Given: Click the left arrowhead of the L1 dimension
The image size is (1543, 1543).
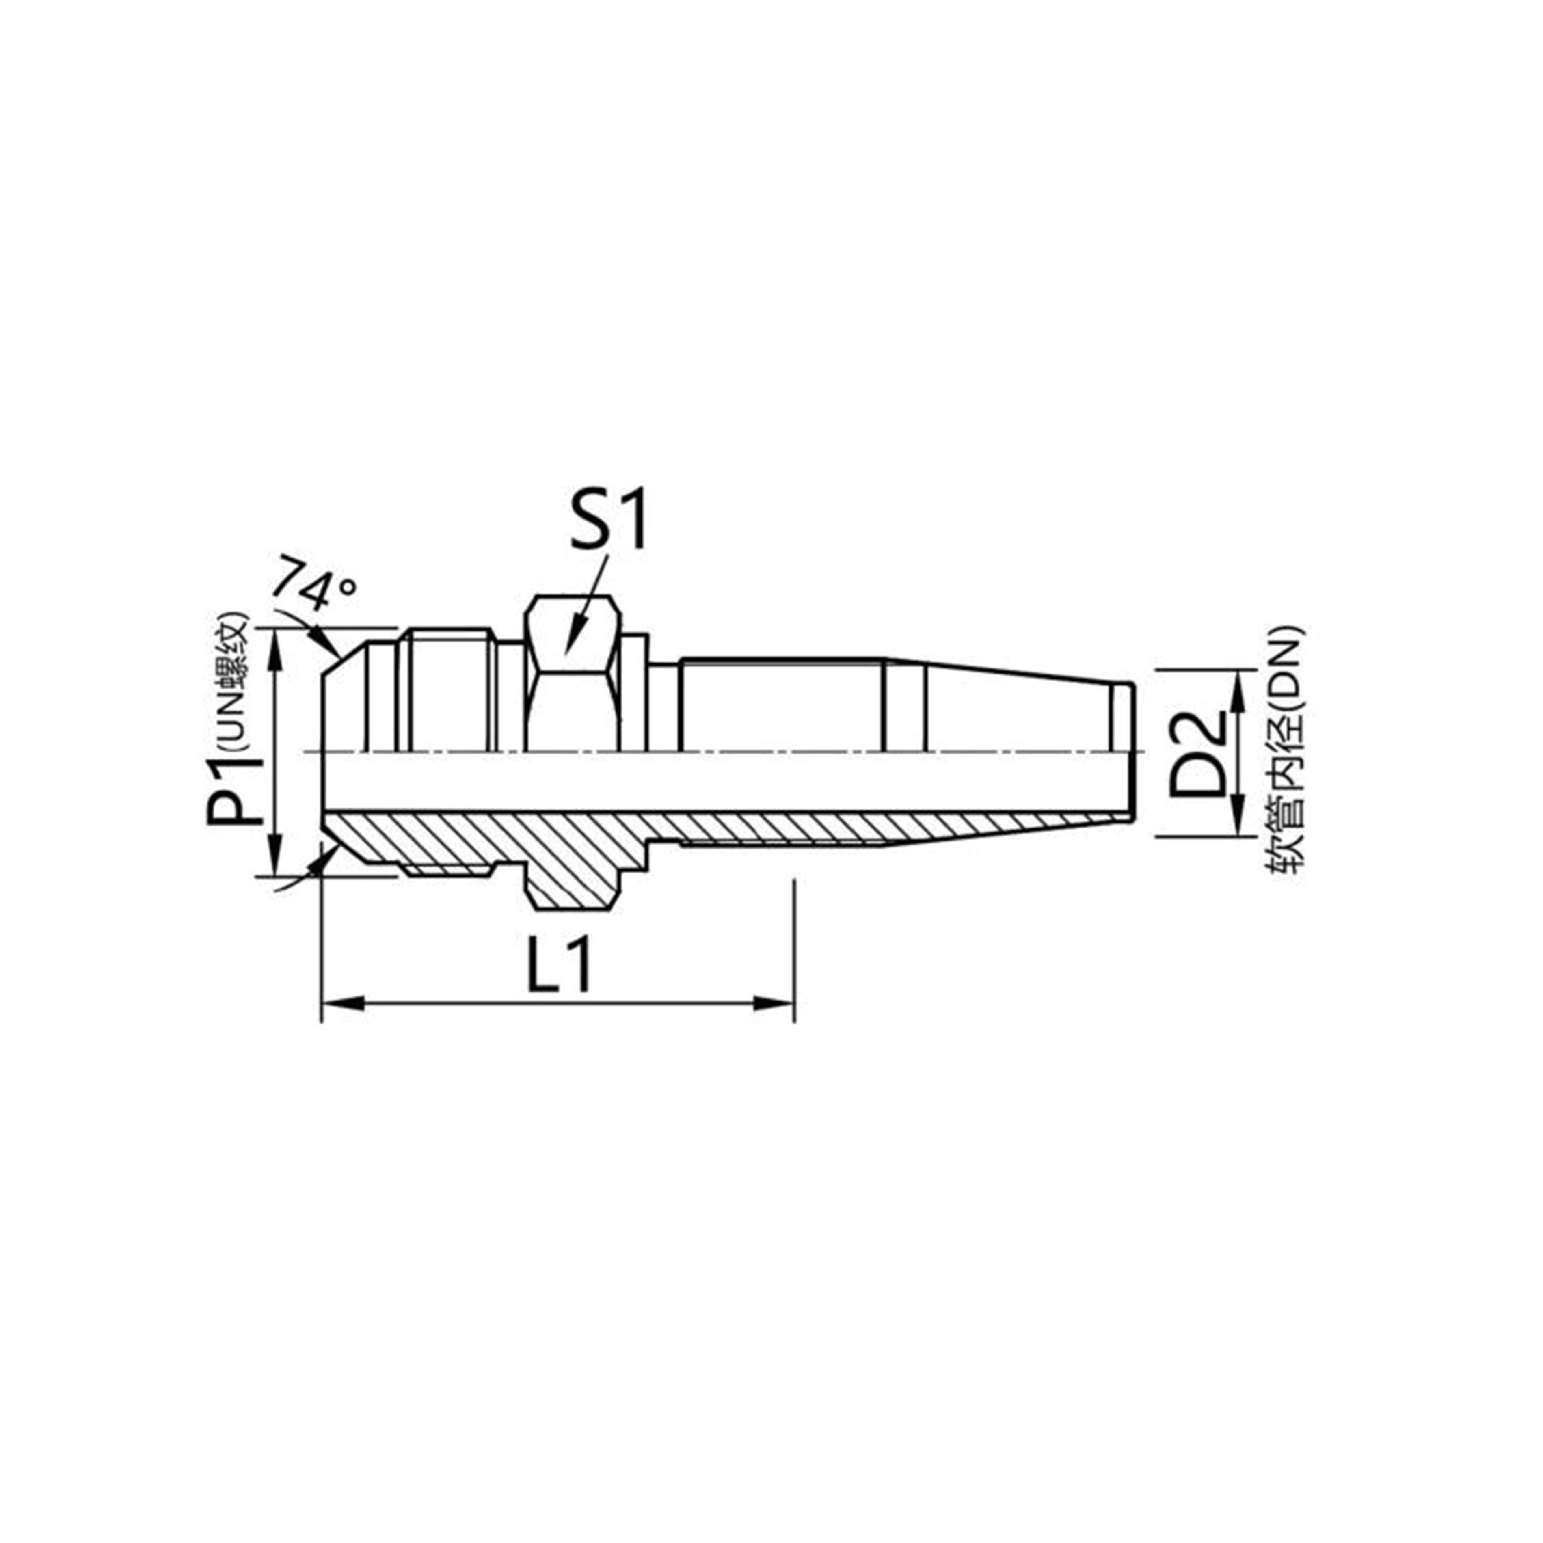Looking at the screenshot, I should pos(339,1003).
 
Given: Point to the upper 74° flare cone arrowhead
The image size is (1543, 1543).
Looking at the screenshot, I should pos(327,643).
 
